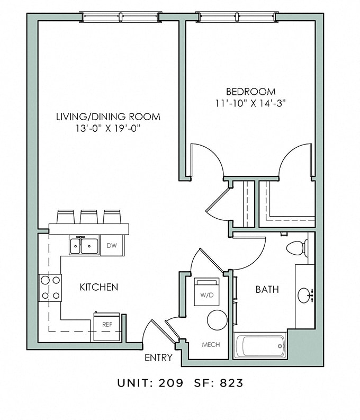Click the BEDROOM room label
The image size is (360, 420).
pyautogui.click(x=250, y=91)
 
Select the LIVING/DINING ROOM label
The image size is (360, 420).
pyautogui.click(x=108, y=117)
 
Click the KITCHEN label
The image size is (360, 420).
pyautogui.click(x=98, y=287)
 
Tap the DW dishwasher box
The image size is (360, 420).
pyautogui.click(x=112, y=245)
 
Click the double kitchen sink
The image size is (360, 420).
pyautogui.click(x=84, y=246)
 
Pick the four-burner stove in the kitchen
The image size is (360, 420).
pyautogui.click(x=50, y=288)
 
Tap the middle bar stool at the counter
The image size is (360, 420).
pyautogui.click(x=89, y=217)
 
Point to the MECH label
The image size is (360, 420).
pyautogui.click(x=211, y=344)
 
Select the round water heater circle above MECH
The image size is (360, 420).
pyautogui.click(x=217, y=320)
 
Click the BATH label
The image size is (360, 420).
pyautogui.click(x=267, y=289)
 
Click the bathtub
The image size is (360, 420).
pyautogui.click(x=260, y=347)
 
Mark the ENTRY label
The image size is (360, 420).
pyautogui.click(x=158, y=358)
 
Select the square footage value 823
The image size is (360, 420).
pyautogui.click(x=232, y=383)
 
